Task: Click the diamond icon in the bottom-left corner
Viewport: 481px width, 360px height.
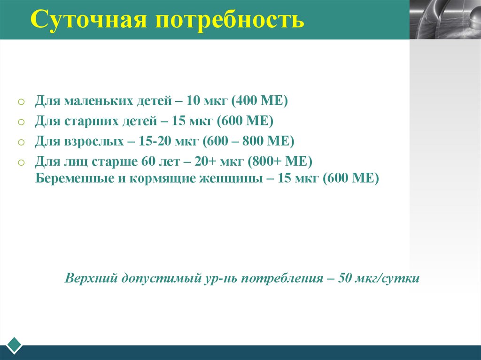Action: [13, 345]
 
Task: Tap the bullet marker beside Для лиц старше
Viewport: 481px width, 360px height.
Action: [21, 162]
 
